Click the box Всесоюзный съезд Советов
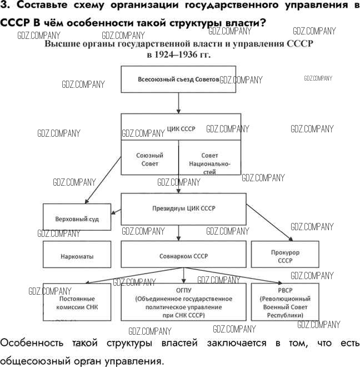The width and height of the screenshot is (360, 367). [178, 79]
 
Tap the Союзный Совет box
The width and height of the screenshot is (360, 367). [149, 160]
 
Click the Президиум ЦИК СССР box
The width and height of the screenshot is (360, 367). [183, 209]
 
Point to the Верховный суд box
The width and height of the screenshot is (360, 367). [77, 219]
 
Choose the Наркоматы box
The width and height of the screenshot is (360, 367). [77, 256]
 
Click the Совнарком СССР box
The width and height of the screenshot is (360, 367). [183, 256]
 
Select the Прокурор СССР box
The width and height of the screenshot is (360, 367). [284, 256]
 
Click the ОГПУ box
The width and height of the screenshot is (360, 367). [183, 302]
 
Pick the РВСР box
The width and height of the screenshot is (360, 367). [284, 302]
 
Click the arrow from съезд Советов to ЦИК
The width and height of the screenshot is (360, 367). [178, 102]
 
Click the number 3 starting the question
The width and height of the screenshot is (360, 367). [4, 6]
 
